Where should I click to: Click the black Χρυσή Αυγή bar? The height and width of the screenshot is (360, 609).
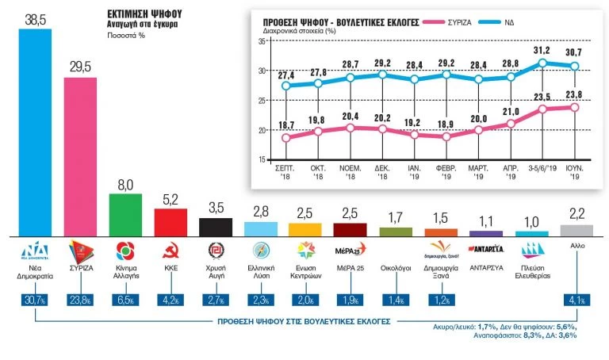[x=215, y=227]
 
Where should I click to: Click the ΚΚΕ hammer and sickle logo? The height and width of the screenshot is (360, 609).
[x=170, y=252]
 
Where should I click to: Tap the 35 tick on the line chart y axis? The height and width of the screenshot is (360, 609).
[x=260, y=41]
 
